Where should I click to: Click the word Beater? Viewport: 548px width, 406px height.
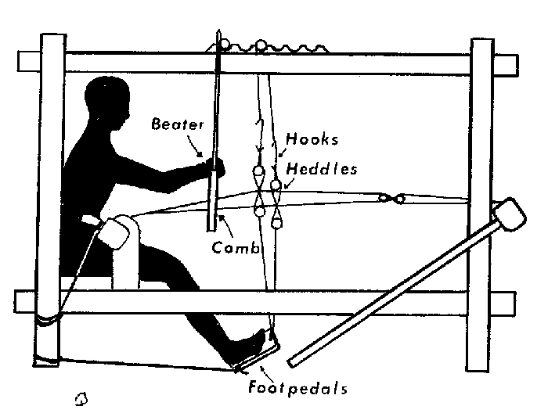(177, 124)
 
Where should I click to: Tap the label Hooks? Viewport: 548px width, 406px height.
(312, 139)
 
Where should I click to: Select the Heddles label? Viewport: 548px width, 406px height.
(322, 169)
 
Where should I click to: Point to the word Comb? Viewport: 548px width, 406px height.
(236, 247)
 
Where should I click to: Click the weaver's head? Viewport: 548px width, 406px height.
(107, 101)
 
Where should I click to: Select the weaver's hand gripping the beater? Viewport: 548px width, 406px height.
(215, 167)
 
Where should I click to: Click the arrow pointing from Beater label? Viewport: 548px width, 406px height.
(194, 146)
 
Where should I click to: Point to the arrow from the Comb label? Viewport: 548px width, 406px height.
(225, 226)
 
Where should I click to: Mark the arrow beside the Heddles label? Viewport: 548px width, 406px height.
(290, 183)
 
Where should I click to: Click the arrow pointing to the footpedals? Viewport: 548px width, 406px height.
(267, 374)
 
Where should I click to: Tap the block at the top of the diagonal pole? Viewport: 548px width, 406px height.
(510, 214)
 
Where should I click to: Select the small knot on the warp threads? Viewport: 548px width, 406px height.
(391, 199)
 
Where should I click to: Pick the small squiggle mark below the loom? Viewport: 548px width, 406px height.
(81, 399)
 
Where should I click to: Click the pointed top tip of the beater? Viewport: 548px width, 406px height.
(218, 30)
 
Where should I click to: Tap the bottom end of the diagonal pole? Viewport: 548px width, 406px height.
(290, 363)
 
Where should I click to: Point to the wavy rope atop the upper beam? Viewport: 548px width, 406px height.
(268, 47)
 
